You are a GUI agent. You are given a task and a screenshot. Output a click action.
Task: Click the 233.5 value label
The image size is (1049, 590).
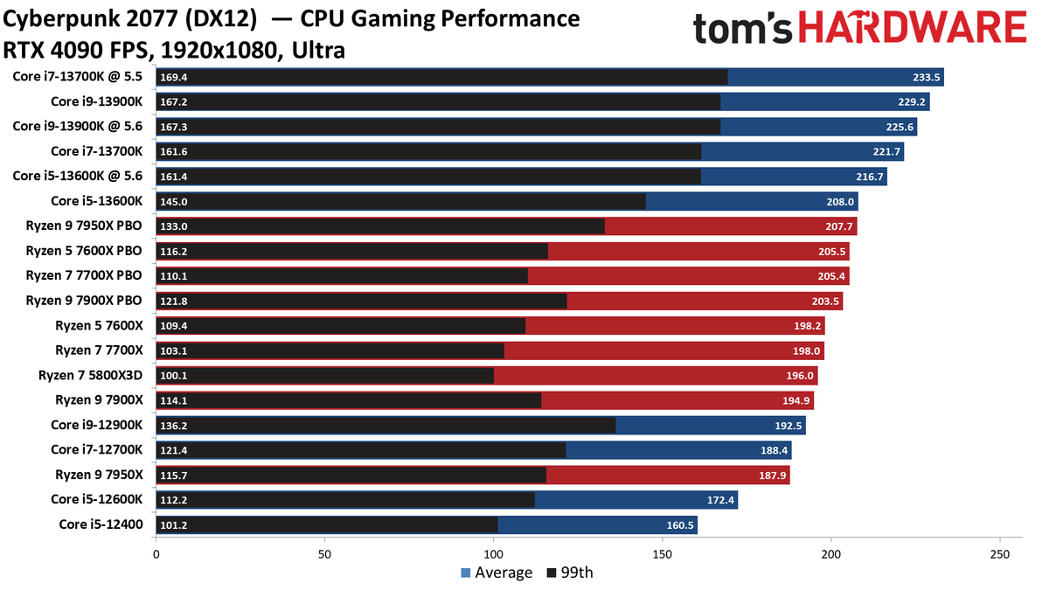[926, 77]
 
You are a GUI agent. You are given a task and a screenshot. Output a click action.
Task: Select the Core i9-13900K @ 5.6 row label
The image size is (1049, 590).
[77, 127]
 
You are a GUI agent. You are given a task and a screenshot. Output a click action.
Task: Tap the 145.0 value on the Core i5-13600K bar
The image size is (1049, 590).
[174, 202]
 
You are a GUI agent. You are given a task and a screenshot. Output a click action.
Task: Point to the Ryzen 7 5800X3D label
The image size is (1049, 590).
[90, 376]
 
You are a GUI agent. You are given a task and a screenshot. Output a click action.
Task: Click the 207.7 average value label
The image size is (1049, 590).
[838, 226]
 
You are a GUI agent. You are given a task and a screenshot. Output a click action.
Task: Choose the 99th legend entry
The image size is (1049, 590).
[570, 573]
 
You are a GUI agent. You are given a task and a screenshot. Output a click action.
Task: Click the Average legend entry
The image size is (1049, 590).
[497, 573]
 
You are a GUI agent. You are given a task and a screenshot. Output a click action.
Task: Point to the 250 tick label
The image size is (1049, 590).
[1000, 555]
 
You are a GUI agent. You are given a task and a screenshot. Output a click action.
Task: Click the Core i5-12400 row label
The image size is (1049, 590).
[101, 524]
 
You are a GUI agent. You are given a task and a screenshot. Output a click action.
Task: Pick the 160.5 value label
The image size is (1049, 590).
[680, 525]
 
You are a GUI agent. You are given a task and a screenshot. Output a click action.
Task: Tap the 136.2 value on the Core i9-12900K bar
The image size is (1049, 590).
[174, 426]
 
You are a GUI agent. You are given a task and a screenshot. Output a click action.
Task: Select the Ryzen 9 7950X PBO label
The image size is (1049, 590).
[84, 226]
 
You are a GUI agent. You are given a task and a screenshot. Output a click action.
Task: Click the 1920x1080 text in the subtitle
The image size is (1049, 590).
[219, 51]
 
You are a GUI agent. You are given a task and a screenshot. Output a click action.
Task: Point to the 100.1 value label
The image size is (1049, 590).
[174, 376]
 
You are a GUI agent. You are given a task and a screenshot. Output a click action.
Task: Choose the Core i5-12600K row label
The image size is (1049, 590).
[96, 500]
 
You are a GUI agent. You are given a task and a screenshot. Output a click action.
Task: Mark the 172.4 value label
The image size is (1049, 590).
[720, 501]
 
